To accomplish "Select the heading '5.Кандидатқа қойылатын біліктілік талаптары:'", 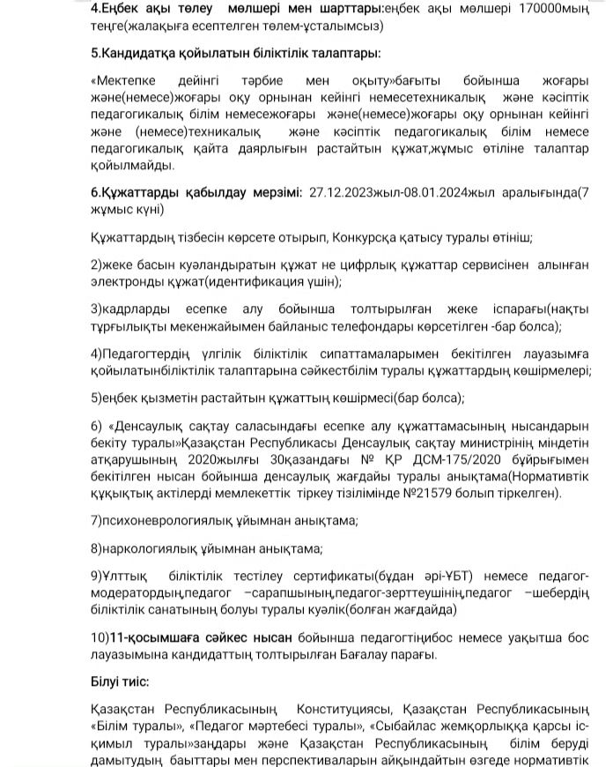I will pos(235,53).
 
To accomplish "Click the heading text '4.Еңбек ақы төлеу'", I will pos(147,9).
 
